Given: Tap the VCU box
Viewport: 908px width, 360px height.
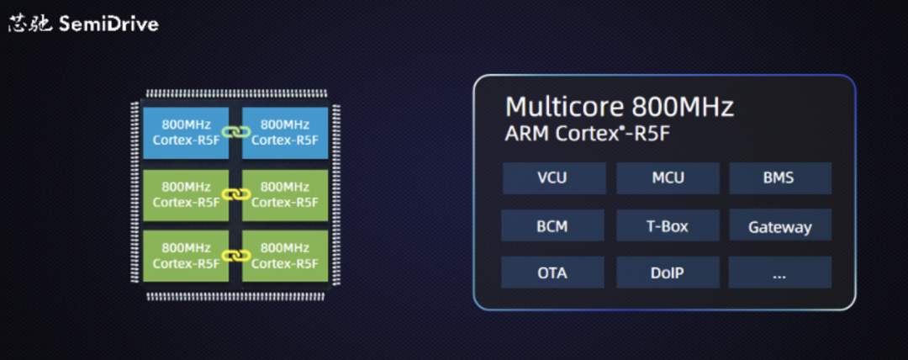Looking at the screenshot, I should (554, 178).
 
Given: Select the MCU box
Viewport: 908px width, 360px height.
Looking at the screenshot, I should (668, 178).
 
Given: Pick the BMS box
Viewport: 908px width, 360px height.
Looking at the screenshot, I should (779, 178).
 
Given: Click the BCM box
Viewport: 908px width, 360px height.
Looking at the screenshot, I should (552, 226).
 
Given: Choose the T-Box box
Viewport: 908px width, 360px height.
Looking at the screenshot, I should (668, 226).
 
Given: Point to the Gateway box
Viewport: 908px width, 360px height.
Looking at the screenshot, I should (779, 226).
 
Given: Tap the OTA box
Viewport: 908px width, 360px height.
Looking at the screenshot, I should (552, 273).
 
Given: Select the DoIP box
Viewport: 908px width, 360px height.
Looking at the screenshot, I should (668, 273).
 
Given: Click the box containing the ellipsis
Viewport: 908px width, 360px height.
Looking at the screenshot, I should (779, 273).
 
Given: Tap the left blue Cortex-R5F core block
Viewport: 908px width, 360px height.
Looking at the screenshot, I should (186, 132).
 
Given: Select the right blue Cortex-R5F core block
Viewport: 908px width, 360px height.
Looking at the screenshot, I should (284, 132).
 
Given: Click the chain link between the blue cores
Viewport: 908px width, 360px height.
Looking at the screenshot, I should (235, 132).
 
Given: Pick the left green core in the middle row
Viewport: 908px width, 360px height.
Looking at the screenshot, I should (186, 194).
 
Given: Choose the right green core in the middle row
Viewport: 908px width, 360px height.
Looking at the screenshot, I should (284, 194).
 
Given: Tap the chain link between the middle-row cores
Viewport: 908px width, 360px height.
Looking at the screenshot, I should (235, 194).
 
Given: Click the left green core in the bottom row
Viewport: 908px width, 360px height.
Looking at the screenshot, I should (186, 256).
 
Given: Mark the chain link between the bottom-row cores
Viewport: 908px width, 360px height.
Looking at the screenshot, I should (235, 256).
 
